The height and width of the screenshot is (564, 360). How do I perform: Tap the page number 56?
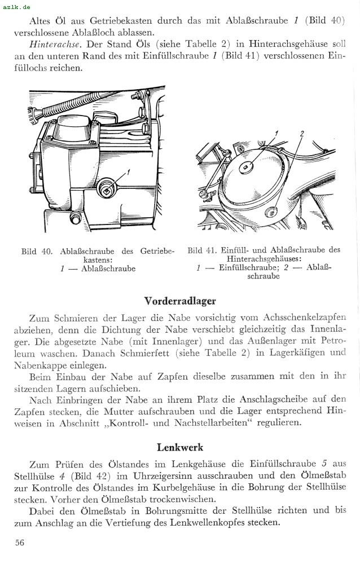coord(20,543)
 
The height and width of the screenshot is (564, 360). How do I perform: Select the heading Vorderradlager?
coord(180,301)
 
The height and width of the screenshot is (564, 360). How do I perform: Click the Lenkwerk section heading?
coord(180,447)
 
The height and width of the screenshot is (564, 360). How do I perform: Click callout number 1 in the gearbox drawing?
coord(129,173)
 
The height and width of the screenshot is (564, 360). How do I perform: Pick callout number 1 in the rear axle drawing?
coord(276,133)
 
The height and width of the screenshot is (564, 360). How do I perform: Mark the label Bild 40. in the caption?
coord(37,252)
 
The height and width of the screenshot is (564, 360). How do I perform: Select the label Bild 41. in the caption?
coord(203,250)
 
